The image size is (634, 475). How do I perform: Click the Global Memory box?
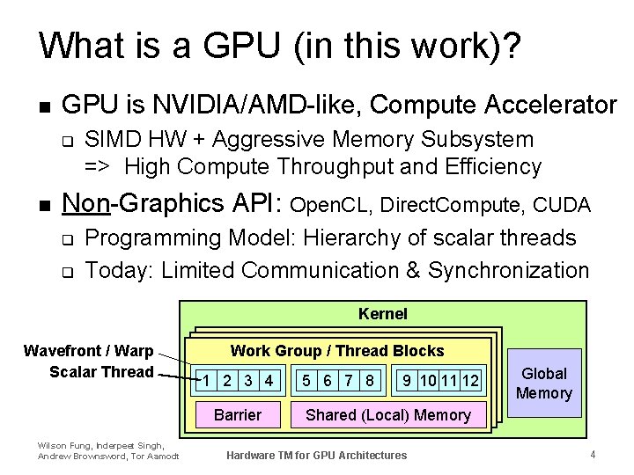[543, 384]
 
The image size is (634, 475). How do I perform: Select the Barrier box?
[238, 414]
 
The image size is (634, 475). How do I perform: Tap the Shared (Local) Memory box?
[387, 414]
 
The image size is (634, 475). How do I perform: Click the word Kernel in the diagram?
[383, 313]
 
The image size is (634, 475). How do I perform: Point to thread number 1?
[205, 381]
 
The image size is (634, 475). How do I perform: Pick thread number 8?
[371, 381]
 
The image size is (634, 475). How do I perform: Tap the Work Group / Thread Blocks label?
[337, 351]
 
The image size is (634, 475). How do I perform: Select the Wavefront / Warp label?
[88, 351]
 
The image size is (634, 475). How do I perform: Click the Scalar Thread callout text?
[101, 371]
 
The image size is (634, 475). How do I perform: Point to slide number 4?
[593, 455]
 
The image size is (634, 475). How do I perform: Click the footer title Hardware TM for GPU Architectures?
[317, 456]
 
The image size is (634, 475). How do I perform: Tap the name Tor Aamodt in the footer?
[158, 456]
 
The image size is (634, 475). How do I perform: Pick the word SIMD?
[110, 139]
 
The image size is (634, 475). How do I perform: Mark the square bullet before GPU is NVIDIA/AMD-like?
[44, 106]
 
